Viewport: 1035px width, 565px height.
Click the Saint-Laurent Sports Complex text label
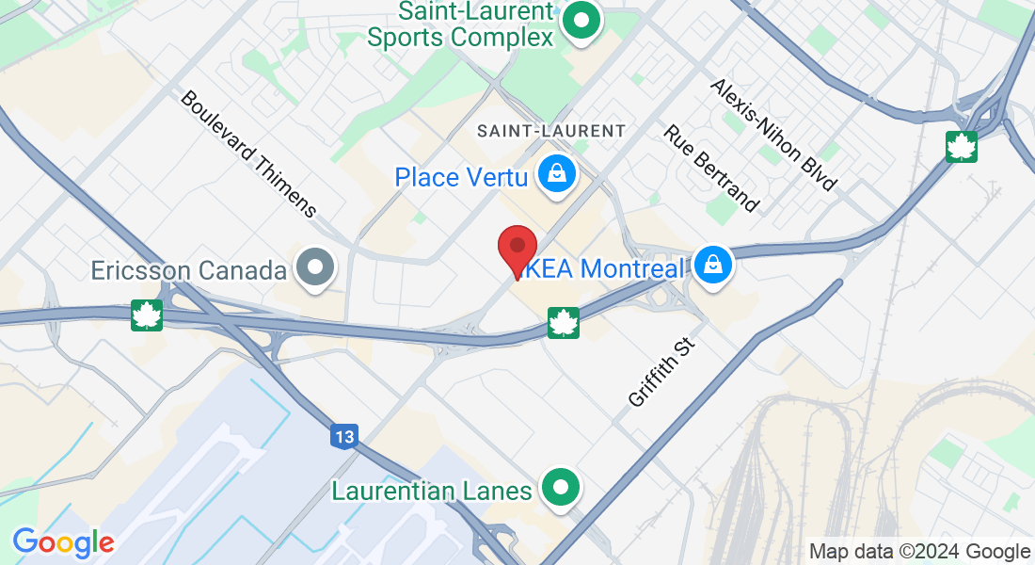click(460, 25)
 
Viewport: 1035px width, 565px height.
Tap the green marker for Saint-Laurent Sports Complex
click(581, 20)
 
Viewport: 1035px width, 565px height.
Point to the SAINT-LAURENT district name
click(551, 131)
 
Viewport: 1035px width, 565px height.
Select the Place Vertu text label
click(461, 177)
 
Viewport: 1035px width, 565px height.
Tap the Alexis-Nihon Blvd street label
click(773, 134)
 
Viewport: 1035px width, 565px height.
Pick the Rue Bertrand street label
click(711, 168)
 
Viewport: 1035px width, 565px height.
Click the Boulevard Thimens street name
click(248, 153)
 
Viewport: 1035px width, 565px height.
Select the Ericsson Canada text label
click(188, 271)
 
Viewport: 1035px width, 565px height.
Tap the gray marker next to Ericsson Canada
click(315, 268)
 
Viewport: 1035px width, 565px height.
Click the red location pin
click(517, 250)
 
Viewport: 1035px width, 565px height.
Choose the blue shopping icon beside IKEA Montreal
click(714, 266)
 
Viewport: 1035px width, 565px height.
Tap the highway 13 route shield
click(344, 436)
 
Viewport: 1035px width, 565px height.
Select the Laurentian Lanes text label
click(432, 491)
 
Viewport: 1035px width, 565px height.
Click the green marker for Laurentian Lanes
click(563, 488)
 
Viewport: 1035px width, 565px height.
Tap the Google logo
click(63, 542)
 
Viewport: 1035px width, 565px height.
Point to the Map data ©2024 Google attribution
click(920, 552)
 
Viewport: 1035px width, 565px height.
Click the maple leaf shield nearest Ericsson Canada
click(147, 315)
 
